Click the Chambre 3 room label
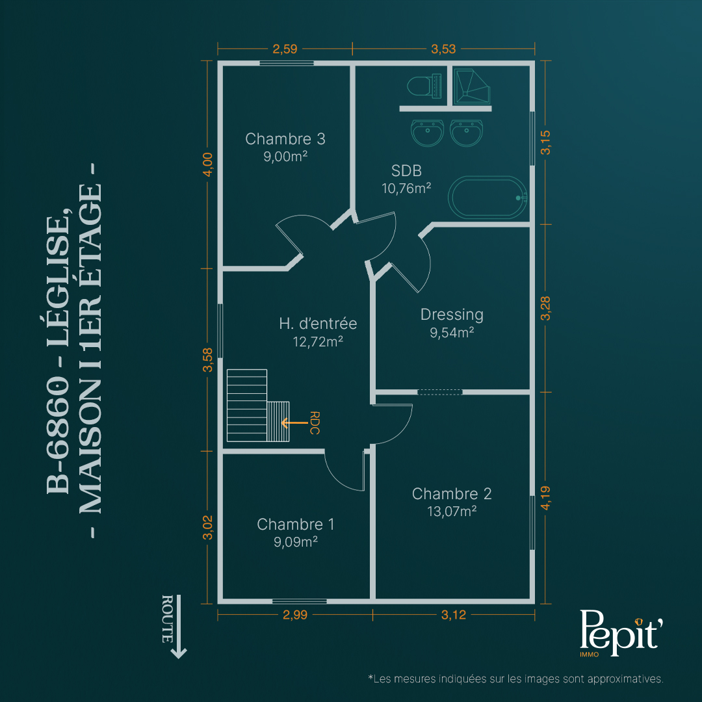pos(285,139)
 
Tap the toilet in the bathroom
pos(424,86)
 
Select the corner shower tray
pos(471,86)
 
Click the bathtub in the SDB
pos(487,198)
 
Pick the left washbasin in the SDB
pos(428,133)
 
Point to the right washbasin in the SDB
pos(467,133)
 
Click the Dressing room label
pos(452,315)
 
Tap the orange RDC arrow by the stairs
pos(294,422)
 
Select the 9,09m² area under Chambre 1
pos(296,541)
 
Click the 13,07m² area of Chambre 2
pos(452,511)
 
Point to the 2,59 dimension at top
pos(285,49)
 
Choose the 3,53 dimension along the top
pos(443,49)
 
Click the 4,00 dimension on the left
pos(208,164)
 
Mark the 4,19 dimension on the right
pos(545,498)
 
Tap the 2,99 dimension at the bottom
pos(295,615)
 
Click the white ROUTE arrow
pos(179,627)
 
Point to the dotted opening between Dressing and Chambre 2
pos(439,392)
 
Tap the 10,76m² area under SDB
pos(406,188)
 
